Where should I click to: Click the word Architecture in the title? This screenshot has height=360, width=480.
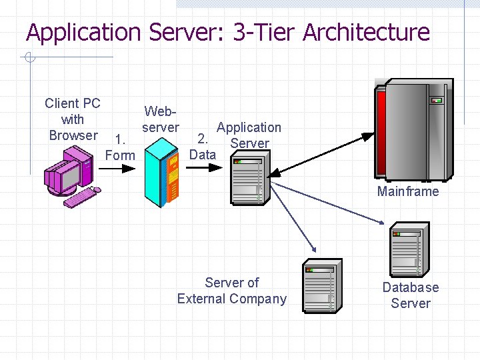tap(366, 32)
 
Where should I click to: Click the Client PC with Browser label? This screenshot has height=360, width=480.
tap(73, 119)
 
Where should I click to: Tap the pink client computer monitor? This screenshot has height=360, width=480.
tap(67, 175)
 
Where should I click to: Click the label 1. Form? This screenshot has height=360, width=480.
tap(121, 147)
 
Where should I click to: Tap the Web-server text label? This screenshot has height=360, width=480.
tap(161, 119)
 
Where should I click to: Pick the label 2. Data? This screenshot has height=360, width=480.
tap(203, 147)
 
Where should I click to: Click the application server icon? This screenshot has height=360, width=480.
tap(247, 181)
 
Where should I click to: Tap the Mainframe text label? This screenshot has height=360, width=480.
tap(408, 192)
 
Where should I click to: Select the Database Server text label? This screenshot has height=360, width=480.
tap(411, 295)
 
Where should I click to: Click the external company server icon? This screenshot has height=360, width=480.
tap(323, 287)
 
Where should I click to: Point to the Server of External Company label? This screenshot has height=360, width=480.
tap(231, 291)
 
